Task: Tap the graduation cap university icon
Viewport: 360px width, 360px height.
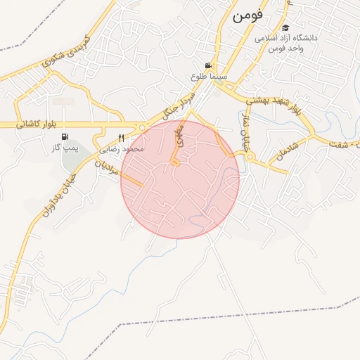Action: click(285, 27)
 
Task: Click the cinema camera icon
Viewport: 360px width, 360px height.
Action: click(207, 65)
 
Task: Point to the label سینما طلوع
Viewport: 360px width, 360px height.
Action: click(207, 75)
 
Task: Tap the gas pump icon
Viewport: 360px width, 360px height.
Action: click(65, 137)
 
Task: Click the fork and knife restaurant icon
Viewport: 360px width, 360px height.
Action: click(121, 138)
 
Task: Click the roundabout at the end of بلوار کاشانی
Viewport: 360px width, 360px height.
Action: click(143, 127)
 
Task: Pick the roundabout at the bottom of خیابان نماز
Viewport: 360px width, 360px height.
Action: click(250, 157)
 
